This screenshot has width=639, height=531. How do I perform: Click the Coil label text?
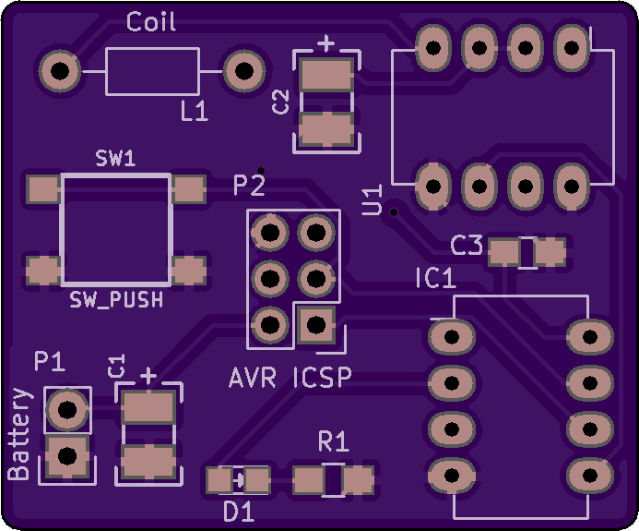[151, 21]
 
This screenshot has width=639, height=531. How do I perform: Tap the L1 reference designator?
[195, 111]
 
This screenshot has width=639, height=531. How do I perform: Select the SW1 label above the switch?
[115, 158]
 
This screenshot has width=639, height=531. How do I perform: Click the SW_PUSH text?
[116, 299]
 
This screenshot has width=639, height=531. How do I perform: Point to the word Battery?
[19, 433]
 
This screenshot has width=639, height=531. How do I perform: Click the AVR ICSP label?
[290, 378]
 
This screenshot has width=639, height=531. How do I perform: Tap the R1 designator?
[334, 441]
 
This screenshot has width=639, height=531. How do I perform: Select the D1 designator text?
[239, 512]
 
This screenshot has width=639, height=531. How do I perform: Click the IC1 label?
[435, 278]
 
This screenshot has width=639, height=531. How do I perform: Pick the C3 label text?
[467, 245]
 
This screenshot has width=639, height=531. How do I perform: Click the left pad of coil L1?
[60, 71]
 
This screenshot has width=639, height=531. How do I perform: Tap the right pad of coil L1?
[244, 71]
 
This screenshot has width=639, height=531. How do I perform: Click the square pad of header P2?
[316, 325]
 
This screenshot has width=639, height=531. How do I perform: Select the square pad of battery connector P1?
[66, 455]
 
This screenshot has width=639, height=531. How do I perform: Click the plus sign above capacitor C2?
[326, 43]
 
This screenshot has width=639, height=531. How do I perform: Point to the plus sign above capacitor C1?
[148, 376]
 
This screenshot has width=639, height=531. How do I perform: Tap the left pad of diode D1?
[219, 480]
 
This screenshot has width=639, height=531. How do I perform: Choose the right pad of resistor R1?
[358, 480]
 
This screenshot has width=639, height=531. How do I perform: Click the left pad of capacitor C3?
[503, 252]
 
